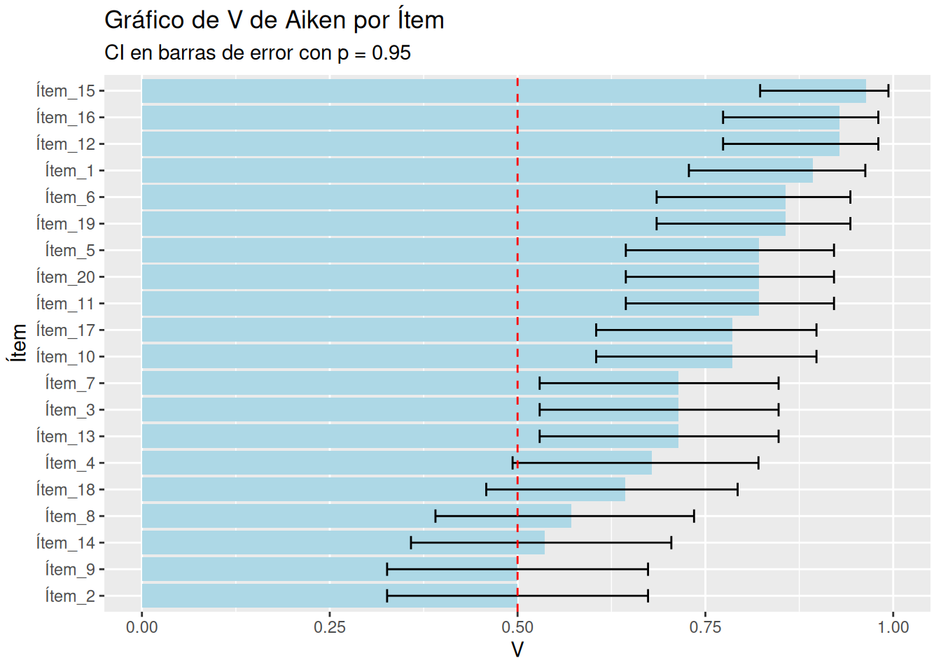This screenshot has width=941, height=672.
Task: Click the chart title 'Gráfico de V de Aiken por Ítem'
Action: click(274, 20)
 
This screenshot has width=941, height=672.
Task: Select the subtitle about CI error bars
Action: click(257, 53)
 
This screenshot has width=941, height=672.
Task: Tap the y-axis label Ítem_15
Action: click(65, 91)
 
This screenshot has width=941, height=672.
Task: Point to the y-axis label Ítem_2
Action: click(69, 596)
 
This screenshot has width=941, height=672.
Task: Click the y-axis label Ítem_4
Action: click(69, 463)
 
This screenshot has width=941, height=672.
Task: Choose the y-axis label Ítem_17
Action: click(65, 330)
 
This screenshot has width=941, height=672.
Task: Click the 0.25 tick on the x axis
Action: click(329, 627)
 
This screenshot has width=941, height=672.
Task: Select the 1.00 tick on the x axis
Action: click(893, 627)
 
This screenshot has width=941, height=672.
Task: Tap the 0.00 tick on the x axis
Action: click(141, 627)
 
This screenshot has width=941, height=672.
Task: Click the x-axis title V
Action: click(517, 650)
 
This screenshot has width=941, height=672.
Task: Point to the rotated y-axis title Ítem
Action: click(18, 343)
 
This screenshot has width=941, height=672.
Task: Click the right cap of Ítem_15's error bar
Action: click(888, 91)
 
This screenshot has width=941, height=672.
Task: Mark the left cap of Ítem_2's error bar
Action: click(387, 596)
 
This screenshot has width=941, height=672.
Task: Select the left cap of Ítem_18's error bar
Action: click(487, 490)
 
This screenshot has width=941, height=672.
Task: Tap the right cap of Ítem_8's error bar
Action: click(694, 517)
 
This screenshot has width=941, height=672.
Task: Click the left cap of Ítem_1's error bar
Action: click(689, 171)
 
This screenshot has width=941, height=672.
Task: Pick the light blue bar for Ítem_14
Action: click(343, 543)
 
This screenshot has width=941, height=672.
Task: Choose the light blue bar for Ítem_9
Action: click(329, 570)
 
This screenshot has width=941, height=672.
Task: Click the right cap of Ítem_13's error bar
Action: click(779, 437)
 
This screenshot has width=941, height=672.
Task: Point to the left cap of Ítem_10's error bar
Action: click(597, 357)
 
